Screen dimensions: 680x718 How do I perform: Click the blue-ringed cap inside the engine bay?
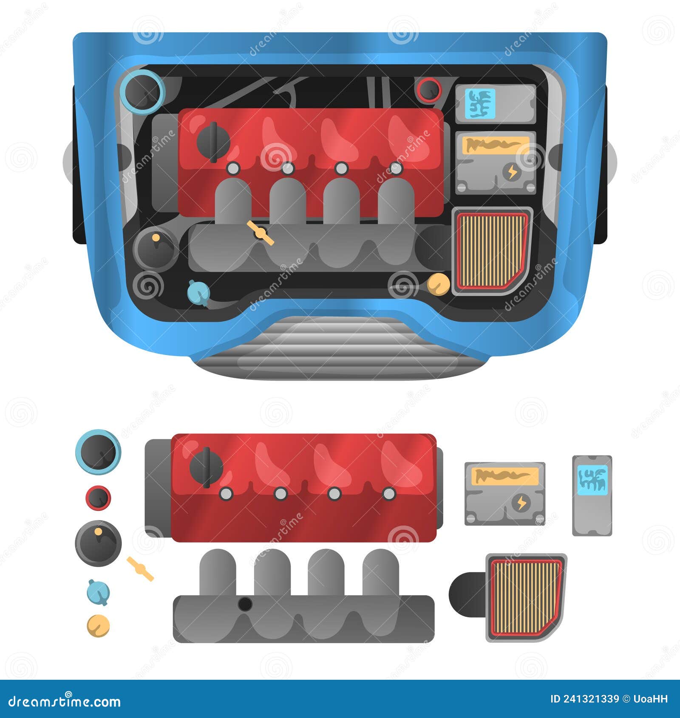[142, 91]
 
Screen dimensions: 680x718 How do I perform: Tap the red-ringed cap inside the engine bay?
[429, 90]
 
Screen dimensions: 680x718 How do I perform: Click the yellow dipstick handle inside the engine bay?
[260, 232]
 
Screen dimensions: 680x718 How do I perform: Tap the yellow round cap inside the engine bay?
[438, 284]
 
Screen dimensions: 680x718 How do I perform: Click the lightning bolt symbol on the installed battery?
[511, 172]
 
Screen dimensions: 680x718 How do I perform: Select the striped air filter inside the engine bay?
[492, 251]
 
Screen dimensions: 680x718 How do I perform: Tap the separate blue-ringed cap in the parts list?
[98, 452]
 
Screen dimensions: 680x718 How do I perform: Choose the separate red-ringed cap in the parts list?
[98, 497]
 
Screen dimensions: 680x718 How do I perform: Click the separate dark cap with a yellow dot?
[98, 543]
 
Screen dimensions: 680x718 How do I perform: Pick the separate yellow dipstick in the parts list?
[140, 569]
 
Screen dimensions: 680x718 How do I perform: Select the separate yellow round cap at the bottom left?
[98, 626]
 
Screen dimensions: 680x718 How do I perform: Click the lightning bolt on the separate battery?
[521, 503]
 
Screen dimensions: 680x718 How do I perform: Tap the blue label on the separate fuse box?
[592, 480]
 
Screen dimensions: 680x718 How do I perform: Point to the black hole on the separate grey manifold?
[244, 604]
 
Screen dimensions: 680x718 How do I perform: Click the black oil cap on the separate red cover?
[206, 467]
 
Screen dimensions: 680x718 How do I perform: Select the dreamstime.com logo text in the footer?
[65, 701]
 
